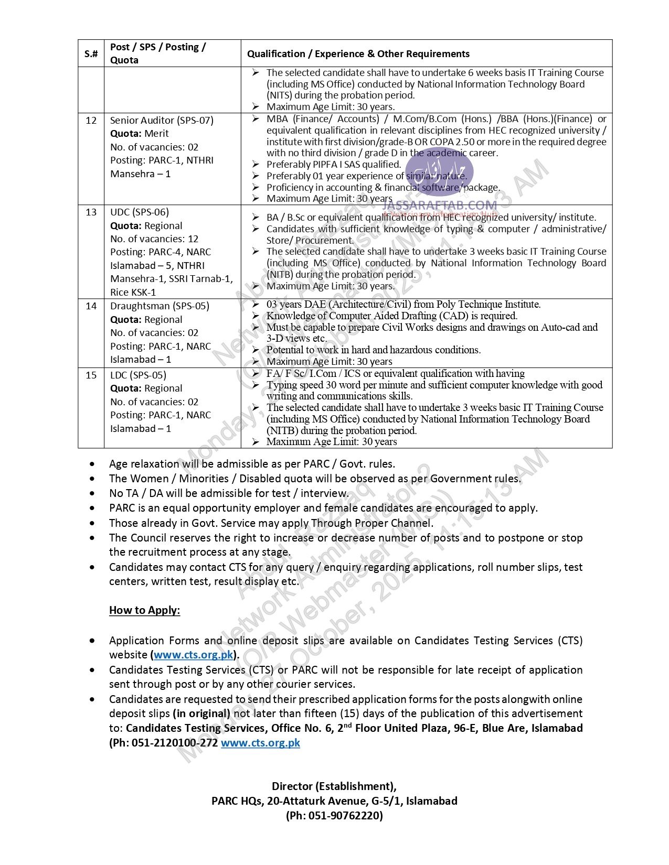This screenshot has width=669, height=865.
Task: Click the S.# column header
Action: [91, 53]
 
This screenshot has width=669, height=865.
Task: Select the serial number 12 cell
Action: [91, 120]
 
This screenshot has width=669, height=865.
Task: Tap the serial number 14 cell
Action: [91, 306]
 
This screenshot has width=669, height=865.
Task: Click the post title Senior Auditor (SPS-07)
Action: [162, 120]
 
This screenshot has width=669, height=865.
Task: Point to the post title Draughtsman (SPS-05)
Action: [160, 306]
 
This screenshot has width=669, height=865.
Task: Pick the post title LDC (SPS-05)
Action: [138, 375]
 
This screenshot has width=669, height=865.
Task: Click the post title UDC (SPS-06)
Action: [140, 212]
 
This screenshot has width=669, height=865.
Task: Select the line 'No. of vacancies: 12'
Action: [154, 239]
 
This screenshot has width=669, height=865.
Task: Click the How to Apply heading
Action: [144, 610]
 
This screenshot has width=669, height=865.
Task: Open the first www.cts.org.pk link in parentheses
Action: [194, 655]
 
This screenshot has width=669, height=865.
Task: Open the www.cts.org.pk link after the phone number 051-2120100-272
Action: [260, 743]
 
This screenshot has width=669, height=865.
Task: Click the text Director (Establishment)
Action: [334, 786]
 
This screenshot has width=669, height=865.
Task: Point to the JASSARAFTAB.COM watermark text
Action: [440, 205]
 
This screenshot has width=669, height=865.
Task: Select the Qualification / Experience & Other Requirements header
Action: [358, 53]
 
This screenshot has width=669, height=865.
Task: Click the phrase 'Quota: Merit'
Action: [139, 133]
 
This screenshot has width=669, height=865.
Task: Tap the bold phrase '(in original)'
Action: [201, 713]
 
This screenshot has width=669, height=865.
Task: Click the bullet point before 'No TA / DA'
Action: [93, 493]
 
